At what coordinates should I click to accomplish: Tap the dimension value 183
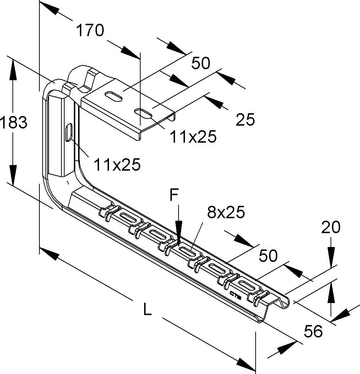13,123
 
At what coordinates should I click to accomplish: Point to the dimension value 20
331,227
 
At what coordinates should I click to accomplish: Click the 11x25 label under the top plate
193,136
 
